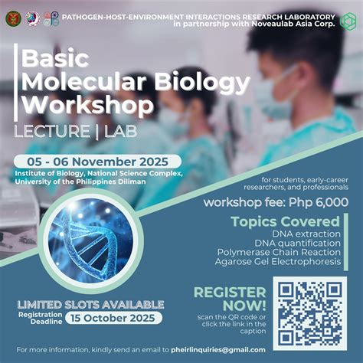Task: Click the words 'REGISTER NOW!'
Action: (231, 299)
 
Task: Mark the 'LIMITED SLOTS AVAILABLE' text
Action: (90, 302)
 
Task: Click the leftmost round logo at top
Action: (13, 18)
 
